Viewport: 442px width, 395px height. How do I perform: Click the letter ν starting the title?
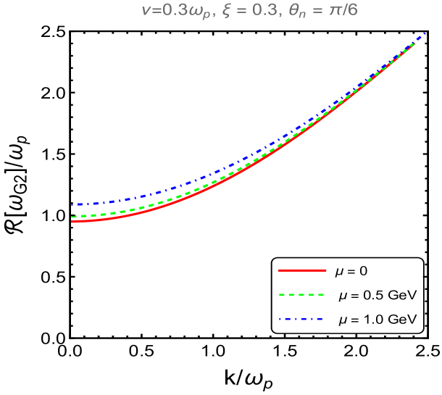click(x=145, y=12)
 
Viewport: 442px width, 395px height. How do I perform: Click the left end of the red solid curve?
click(x=72, y=222)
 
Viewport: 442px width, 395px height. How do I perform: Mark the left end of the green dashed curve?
click(x=72, y=217)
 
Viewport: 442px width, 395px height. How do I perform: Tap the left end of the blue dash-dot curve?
click(x=72, y=205)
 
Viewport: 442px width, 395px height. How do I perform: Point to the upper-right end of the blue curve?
click(x=424, y=33)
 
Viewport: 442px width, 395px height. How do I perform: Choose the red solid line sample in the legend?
click(x=302, y=270)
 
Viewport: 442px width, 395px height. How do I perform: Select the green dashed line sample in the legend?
click(x=302, y=295)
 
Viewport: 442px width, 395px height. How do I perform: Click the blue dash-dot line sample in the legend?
click(x=302, y=320)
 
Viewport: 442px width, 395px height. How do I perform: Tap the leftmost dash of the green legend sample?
click(x=282, y=295)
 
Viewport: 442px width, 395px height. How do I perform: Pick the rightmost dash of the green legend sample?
click(x=320, y=295)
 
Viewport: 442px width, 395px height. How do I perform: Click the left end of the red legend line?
click(x=279, y=270)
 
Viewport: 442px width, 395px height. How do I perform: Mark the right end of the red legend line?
click(x=326, y=270)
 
